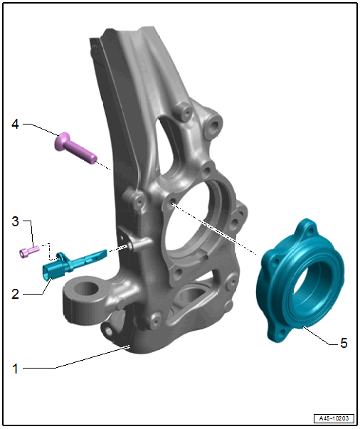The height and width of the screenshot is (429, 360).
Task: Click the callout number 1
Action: click(16, 369)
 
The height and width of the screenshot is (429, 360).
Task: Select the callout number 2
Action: click(16, 294)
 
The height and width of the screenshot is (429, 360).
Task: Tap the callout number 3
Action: click(16, 221)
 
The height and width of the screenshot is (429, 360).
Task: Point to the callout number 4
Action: click(16, 124)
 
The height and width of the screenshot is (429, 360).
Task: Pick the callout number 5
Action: click(344, 343)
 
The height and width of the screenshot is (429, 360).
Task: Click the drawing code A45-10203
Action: click(334, 418)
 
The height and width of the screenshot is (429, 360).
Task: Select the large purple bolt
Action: click(76, 148)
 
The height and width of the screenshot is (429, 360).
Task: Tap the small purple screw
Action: click(29, 252)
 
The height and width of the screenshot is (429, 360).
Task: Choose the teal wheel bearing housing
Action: click(300, 280)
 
